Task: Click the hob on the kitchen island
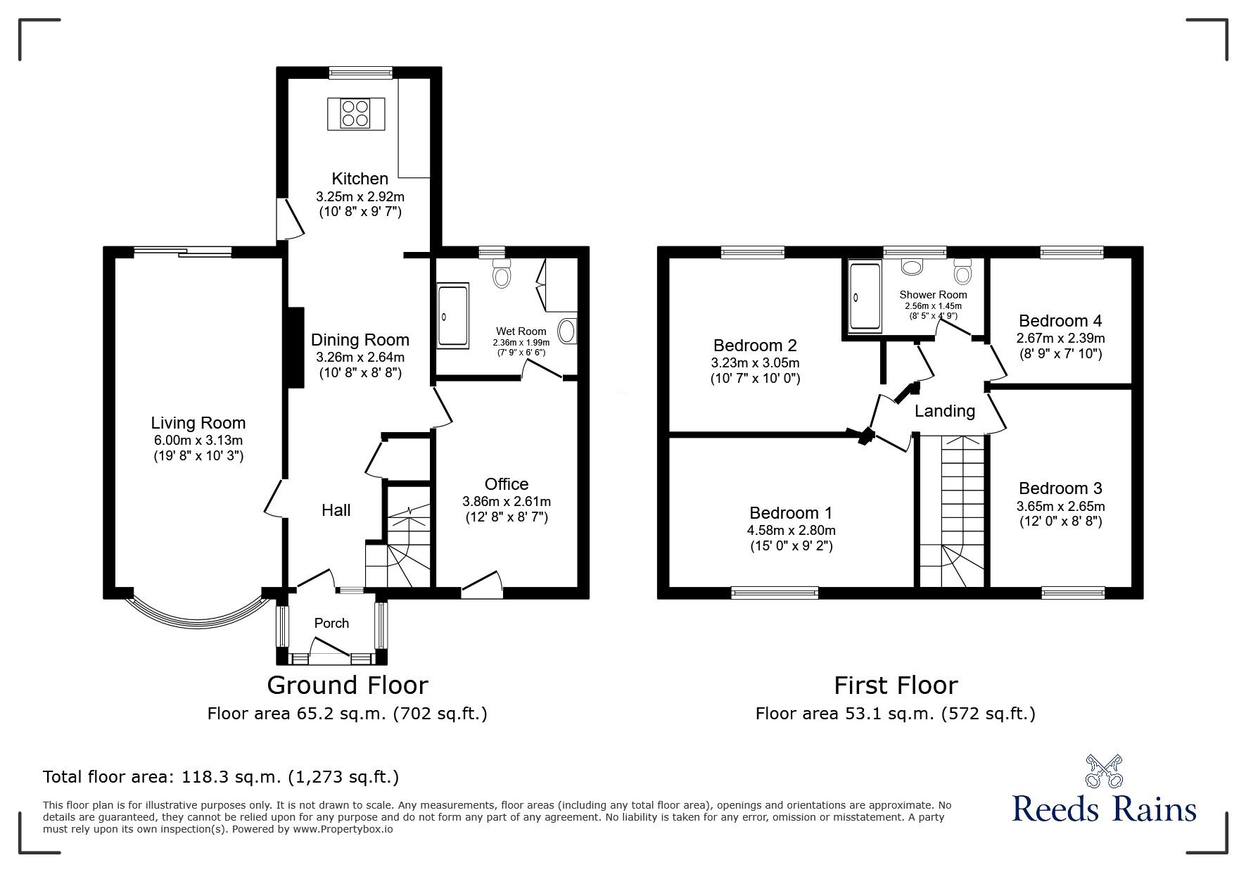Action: coord(355,113)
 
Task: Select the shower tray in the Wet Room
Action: coord(452,315)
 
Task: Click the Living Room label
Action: coord(198,423)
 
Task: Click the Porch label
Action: coord(331,623)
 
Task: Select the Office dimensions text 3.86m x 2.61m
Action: coord(507,502)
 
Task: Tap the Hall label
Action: coord(336,510)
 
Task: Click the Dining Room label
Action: coord(360,340)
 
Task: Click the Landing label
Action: coord(945,411)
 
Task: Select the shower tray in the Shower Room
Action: coord(865,296)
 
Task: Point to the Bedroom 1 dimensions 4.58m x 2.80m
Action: coord(792,531)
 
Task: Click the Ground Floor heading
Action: coord(348,685)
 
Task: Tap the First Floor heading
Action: coord(896,685)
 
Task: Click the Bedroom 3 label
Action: coord(1060,488)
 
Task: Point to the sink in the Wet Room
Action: coord(567,331)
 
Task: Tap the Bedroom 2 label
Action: coord(755,346)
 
